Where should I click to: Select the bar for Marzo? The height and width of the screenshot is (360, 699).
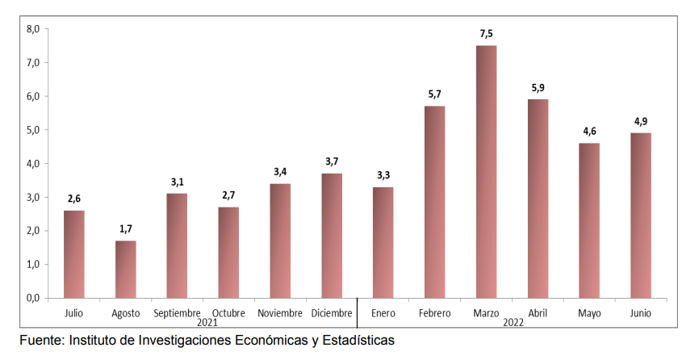tap(486, 171)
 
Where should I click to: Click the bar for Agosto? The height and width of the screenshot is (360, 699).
tap(125, 269)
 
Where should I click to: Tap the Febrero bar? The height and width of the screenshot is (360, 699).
tap(434, 202)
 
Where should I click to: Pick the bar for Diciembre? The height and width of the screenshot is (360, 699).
tap(332, 235)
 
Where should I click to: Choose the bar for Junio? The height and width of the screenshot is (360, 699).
tap(640, 215)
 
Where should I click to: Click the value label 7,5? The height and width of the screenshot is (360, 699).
tap(486, 34)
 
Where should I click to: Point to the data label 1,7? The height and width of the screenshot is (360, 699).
tap(125, 229)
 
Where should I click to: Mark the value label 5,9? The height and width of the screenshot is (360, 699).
tap(538, 88)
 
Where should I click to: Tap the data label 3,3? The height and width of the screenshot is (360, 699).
tap(383, 175)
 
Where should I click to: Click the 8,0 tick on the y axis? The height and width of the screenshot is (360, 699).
tap(33, 29)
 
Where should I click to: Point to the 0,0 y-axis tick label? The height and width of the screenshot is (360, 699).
tap(33, 298)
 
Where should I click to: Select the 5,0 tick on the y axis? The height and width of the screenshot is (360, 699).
tap(33, 130)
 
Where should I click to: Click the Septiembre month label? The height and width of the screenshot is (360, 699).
tap(177, 313)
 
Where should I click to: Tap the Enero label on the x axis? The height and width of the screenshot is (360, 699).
tap(383, 313)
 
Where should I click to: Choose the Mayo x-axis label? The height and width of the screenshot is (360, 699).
tap(588, 313)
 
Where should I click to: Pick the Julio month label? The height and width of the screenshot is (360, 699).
tap(73, 313)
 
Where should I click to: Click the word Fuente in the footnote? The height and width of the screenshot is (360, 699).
tap(41, 341)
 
